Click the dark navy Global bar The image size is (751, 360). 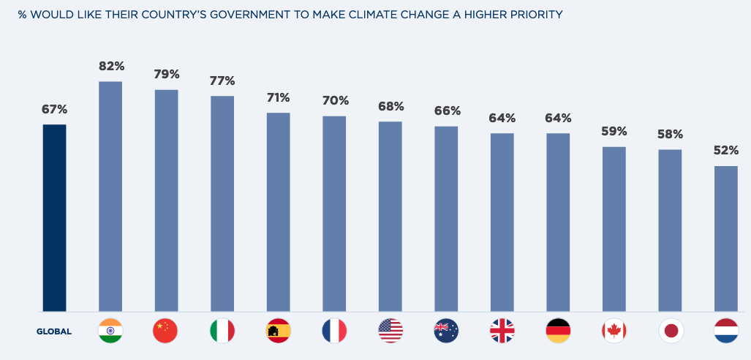(55, 218)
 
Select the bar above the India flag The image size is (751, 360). (110, 196)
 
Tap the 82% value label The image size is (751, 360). (112, 66)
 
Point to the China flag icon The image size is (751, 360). (165, 331)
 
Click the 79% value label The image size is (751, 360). (167, 75)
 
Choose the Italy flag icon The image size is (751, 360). (222, 331)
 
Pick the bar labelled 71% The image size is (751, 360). (279, 212)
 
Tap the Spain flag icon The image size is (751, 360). (278, 331)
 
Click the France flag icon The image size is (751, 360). (334, 331)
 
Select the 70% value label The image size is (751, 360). (336, 100)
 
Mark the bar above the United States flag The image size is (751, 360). (390, 217)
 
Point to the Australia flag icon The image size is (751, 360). (446, 331)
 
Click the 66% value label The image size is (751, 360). (448, 111)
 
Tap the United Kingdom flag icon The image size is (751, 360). (502, 331)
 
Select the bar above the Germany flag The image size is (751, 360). (558, 222)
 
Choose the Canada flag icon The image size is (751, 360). (614, 331)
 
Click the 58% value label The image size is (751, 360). (670, 134)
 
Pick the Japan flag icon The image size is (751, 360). (671, 331)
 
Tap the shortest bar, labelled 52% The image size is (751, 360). (726, 239)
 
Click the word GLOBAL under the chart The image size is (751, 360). (54, 331)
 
